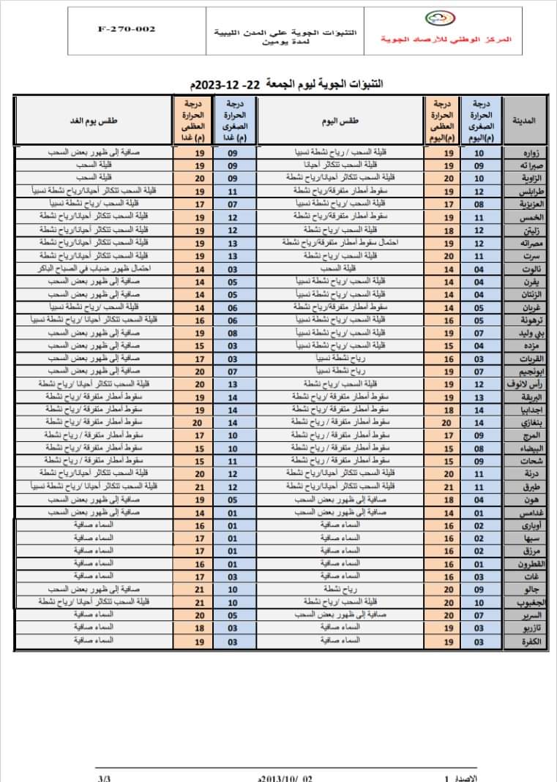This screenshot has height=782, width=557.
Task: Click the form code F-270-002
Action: point(126,29)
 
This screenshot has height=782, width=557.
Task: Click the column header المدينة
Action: point(528,121)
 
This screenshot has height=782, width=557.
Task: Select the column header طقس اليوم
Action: point(340,121)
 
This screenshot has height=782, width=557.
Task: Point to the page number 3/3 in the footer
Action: point(103,778)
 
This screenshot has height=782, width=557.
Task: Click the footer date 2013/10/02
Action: point(286,778)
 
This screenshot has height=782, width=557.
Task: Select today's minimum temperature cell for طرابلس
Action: point(479,192)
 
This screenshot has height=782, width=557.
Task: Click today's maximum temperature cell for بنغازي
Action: point(448,423)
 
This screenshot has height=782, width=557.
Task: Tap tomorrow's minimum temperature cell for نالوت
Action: point(232,268)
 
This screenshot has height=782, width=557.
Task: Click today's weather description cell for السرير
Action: point(340,615)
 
